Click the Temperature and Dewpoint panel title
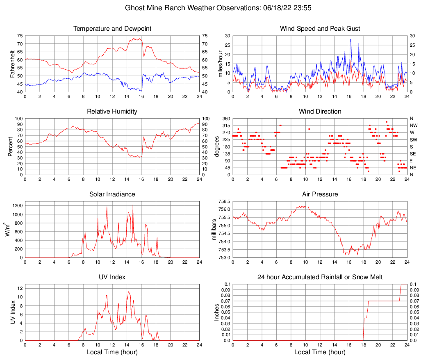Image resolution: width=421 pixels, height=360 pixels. coord(112,29)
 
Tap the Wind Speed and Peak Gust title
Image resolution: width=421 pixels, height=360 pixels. coord(320,29)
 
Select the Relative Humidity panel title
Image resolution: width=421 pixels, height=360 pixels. coord(112,112)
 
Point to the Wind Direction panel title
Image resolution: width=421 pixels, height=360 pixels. coord(320,112)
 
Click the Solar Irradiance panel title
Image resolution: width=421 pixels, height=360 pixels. coord(112,194)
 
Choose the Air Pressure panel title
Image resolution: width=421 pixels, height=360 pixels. coord(320,194)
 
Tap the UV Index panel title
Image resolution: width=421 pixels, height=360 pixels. coord(112,277)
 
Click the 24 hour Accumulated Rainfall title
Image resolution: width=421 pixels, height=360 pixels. coord(320,277)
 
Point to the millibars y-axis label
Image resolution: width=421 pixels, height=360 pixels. coord(214,230)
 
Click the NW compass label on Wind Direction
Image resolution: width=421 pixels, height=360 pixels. coord(414,125)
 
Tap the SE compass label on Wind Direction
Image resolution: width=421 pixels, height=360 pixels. coord(413,154)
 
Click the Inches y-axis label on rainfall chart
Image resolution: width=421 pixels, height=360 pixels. coord(217,312)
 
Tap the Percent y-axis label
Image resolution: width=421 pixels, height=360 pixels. coord(10,146)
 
